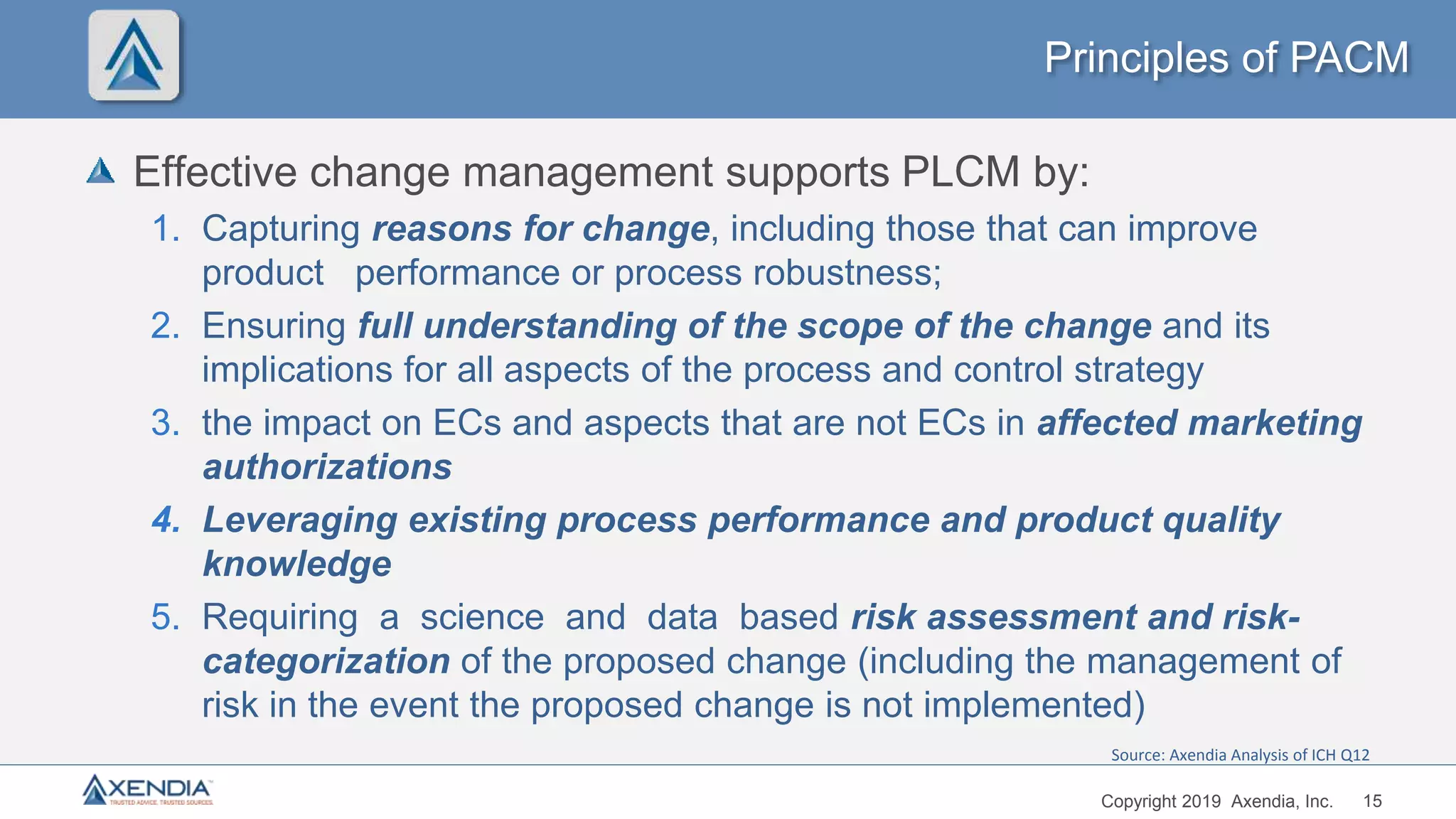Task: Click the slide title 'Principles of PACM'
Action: [x=1226, y=58]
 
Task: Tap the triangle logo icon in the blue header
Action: [x=134, y=55]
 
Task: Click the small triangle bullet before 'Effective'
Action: [x=100, y=171]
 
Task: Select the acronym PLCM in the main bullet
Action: [x=960, y=172]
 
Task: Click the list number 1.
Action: [x=166, y=229]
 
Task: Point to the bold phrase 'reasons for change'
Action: [x=540, y=229]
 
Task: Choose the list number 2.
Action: [x=166, y=326]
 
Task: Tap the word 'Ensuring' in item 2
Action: [x=274, y=326]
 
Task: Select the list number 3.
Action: [x=166, y=423]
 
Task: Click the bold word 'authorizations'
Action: [x=328, y=467]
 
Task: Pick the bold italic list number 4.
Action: [x=166, y=520]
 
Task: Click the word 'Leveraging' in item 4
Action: [x=300, y=520]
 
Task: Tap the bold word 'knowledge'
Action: [x=297, y=564]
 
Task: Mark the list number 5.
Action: [x=166, y=617]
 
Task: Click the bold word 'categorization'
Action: [x=326, y=661]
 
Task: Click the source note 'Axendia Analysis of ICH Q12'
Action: [x=1240, y=755]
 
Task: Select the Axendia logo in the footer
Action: [x=148, y=790]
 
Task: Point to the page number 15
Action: [x=1372, y=801]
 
